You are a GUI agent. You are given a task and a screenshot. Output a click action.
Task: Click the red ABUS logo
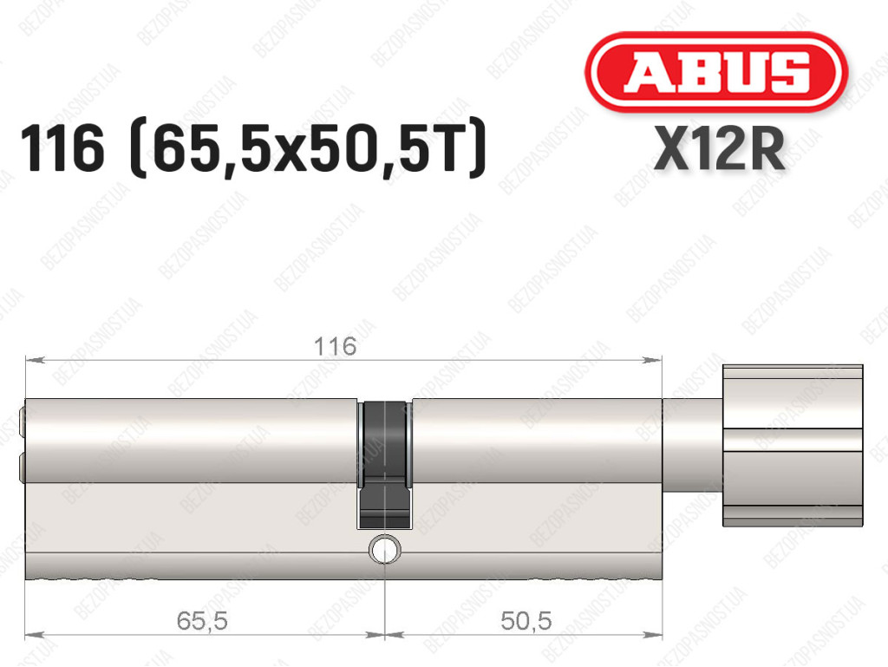(x=715, y=72)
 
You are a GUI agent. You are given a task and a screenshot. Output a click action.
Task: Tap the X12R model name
(x=719, y=149)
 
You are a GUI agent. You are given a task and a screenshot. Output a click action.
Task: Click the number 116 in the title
(x=62, y=149)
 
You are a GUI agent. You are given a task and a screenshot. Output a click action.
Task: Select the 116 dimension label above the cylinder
(x=336, y=346)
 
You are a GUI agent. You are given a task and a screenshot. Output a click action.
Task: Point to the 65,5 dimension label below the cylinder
(x=202, y=620)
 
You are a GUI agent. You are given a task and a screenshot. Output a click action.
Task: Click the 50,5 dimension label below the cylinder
(x=526, y=620)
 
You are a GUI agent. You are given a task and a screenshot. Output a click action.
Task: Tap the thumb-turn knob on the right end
(x=793, y=446)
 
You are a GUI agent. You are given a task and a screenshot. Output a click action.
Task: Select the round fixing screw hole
(x=384, y=549)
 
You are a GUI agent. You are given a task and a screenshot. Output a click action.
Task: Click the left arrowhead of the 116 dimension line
(x=34, y=360)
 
